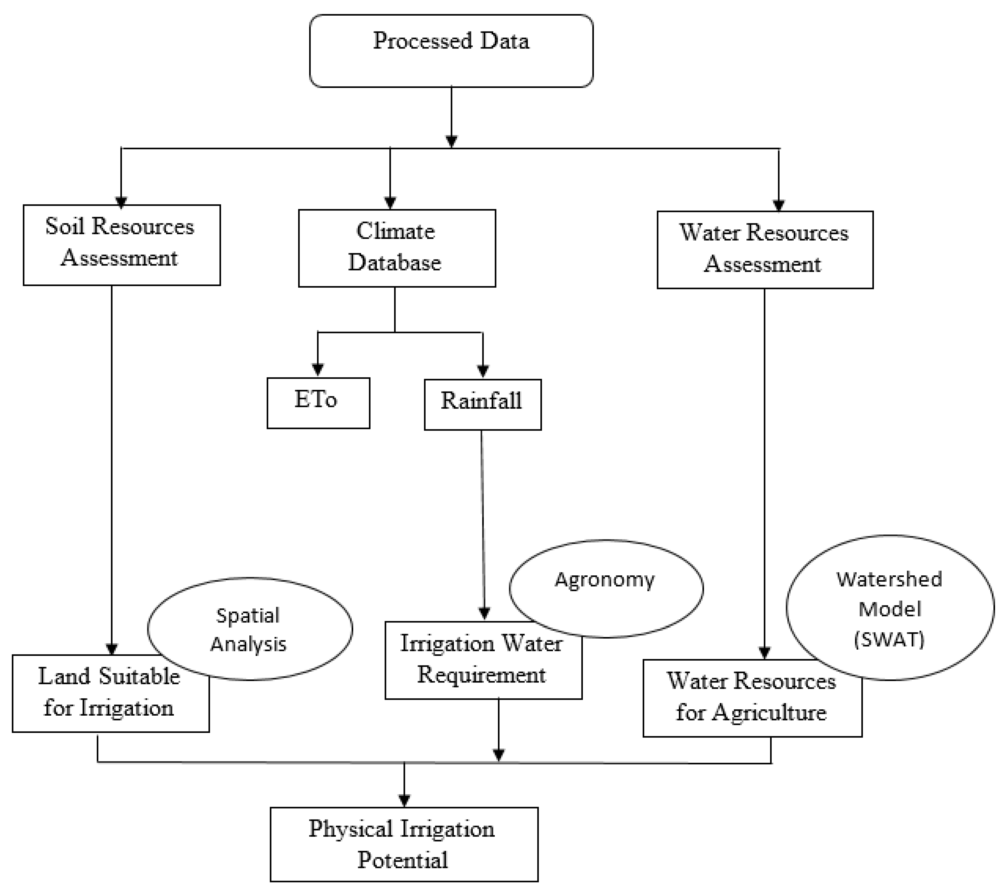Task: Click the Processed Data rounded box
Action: click(451, 51)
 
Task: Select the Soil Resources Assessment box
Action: click(122, 245)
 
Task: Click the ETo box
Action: click(318, 403)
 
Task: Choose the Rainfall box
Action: click(482, 404)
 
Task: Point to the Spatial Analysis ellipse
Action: click(250, 628)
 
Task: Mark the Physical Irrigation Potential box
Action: click(404, 844)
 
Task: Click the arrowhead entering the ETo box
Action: click(318, 369)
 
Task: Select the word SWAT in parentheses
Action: click(889, 639)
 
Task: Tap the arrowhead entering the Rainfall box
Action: click(483, 370)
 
